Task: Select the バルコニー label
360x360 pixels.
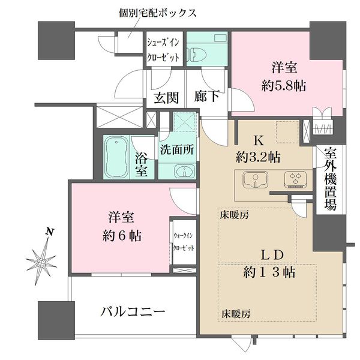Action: (x=132, y=313)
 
